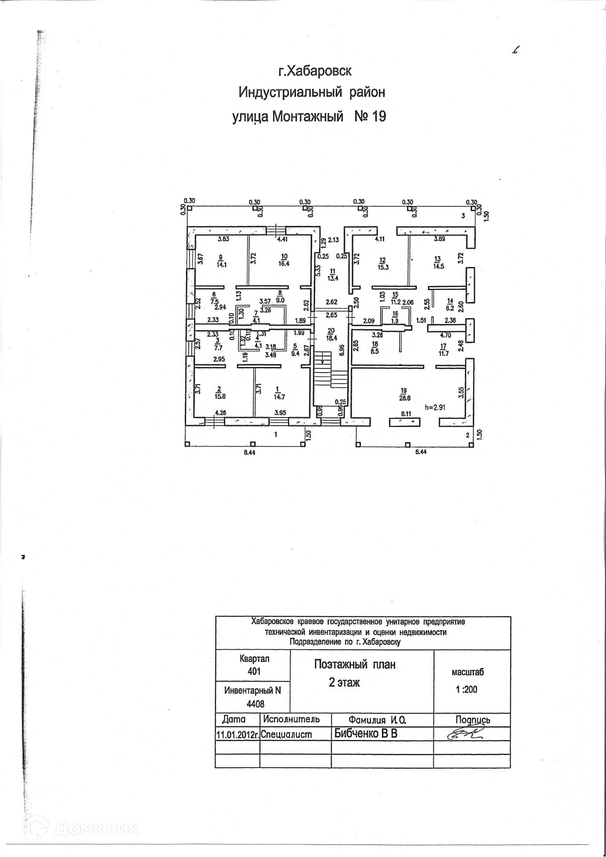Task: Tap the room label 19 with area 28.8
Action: pos(403,394)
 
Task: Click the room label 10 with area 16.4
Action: pos(284,260)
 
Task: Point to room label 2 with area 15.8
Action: pos(219,392)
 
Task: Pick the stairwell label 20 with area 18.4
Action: pos(331,333)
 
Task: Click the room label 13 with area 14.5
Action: pos(437,263)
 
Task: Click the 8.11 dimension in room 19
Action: pos(406,414)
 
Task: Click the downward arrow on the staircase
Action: pos(323,360)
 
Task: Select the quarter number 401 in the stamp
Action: pos(254,671)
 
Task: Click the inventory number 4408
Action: pos(255,704)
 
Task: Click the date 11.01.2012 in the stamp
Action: pos(237,734)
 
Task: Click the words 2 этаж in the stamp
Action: pos(344,683)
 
